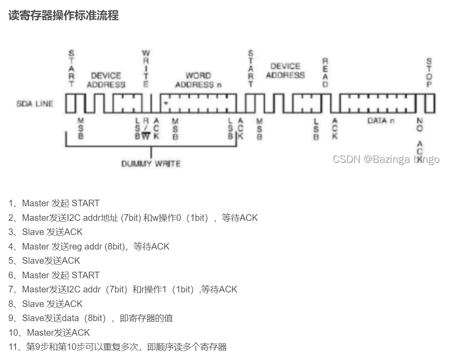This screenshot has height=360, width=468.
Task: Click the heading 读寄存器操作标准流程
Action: click(64, 15)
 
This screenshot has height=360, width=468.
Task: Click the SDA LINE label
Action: click(35, 104)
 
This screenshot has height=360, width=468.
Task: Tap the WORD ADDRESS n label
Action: click(198, 80)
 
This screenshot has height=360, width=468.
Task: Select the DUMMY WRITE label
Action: click(151, 163)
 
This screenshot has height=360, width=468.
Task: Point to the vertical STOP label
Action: click(429, 73)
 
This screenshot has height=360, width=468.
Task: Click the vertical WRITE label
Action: click(146, 69)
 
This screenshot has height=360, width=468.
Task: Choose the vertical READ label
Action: click(325, 72)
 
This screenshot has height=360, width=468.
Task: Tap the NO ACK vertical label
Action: click(419, 136)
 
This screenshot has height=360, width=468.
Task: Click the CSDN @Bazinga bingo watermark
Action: click(386, 159)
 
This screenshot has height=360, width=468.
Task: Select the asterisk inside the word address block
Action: click(165, 103)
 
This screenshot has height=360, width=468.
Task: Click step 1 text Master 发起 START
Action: click(61, 203)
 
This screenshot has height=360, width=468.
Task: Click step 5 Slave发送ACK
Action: click(51, 261)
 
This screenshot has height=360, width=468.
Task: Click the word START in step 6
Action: click(85, 275)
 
